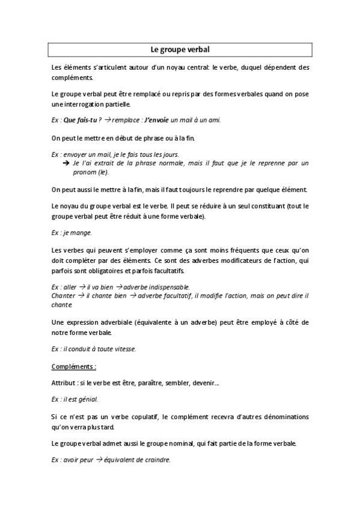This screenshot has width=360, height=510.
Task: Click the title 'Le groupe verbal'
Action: (x=180, y=49)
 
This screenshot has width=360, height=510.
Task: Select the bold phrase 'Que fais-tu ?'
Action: (x=82, y=120)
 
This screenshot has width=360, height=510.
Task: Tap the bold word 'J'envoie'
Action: (x=150, y=120)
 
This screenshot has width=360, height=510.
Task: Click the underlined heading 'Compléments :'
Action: (x=74, y=366)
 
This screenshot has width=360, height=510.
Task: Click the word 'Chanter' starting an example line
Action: (x=63, y=295)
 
